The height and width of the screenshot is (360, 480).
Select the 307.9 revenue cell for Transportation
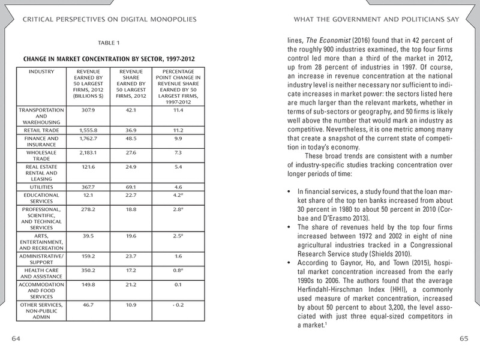point(79,110)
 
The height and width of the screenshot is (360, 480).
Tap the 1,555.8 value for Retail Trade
point(79,129)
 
